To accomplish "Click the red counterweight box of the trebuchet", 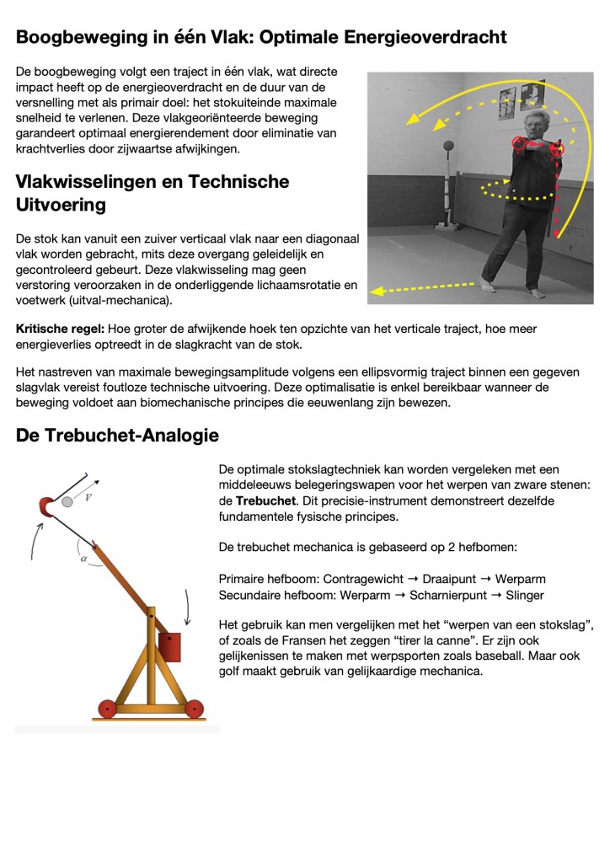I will (x=170, y=646).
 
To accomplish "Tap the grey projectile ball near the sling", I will (x=67, y=502).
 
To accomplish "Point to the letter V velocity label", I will (x=89, y=498).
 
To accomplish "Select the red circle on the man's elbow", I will (x=556, y=149).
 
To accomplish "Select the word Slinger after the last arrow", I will (x=525, y=595).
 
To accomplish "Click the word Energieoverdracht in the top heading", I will (x=425, y=38).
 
